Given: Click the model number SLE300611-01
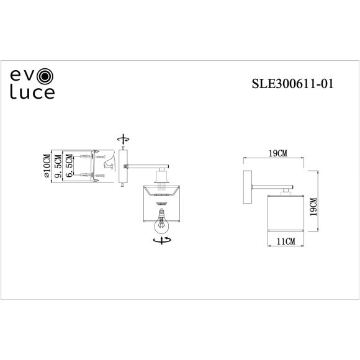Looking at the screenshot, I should tap(289, 83).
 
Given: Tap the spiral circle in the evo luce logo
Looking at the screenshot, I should tap(47, 78).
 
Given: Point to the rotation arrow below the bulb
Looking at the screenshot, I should tap(163, 238).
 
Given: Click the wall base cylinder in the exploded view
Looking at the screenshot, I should tap(124, 166).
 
